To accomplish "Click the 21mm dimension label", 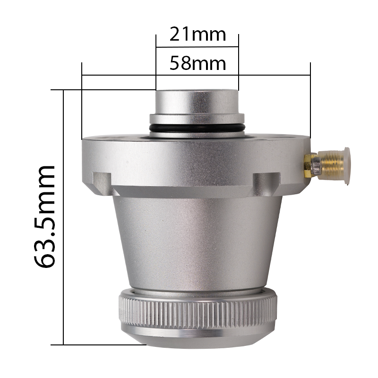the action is point(198,34).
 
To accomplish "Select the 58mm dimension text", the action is point(198,63).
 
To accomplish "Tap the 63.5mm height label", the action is point(45,216).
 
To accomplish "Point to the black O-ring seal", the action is point(197,128).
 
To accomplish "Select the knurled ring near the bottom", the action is point(198,311).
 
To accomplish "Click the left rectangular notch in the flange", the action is point(102,183).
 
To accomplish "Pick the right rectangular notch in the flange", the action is point(266,183).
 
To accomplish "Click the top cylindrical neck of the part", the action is point(197,102).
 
